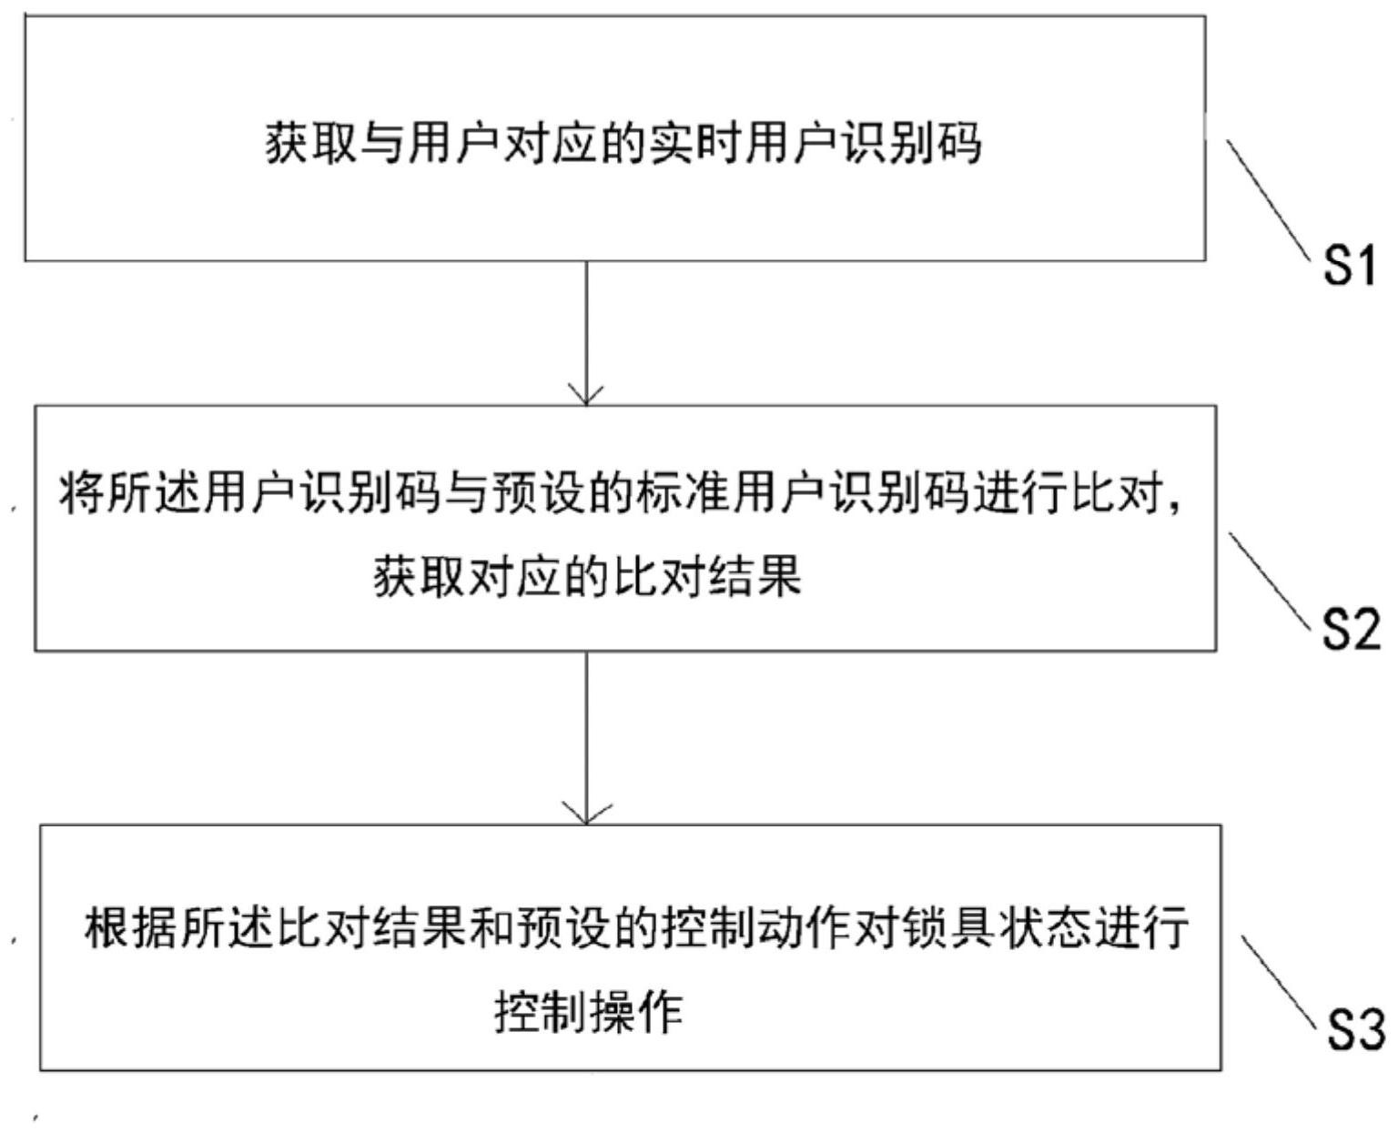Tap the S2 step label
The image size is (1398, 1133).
[x=1351, y=630]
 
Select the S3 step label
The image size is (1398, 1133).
[x=1356, y=1031]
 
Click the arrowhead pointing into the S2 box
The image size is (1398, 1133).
[x=586, y=394]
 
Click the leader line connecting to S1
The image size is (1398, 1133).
[x=1267, y=200]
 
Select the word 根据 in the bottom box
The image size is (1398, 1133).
[x=129, y=927]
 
